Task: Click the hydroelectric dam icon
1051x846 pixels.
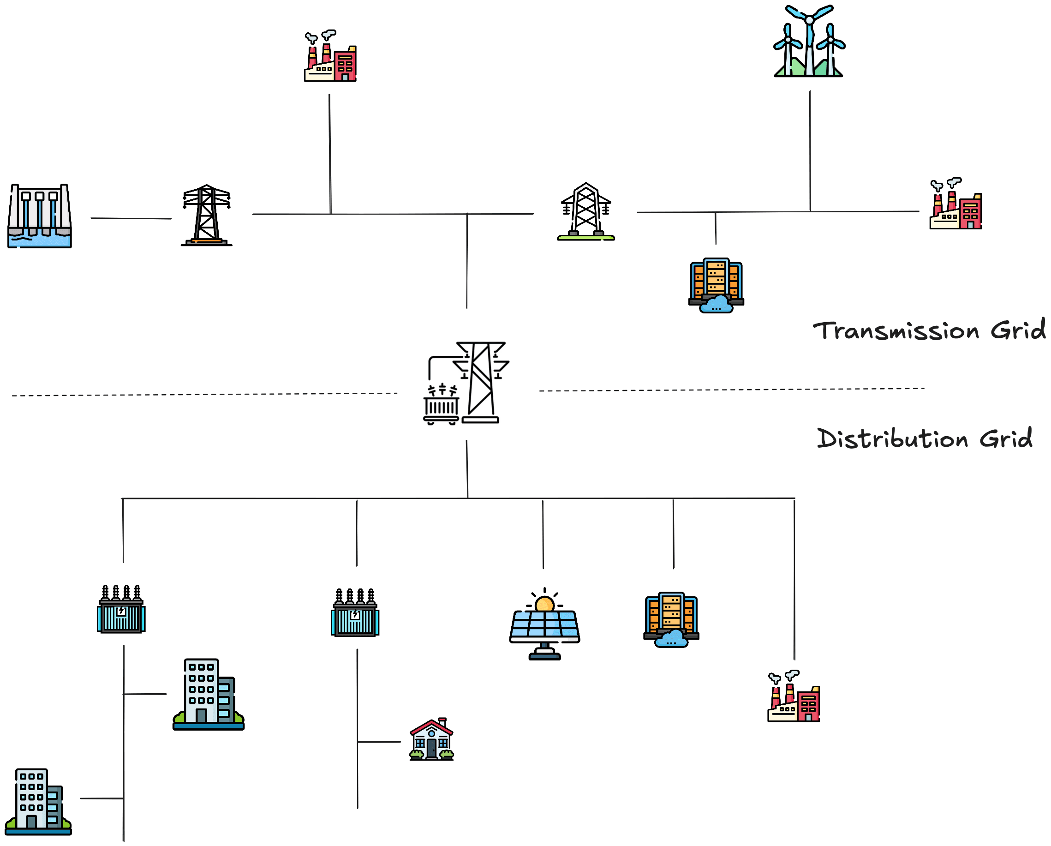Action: pos(40,216)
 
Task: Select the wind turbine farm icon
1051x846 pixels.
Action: pos(809,42)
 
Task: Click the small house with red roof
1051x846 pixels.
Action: pos(431,739)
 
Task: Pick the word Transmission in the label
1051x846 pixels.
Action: pos(896,331)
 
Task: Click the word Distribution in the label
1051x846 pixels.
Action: pos(892,438)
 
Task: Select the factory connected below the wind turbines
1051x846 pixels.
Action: pos(955,205)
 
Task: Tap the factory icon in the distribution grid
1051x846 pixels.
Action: pos(794,697)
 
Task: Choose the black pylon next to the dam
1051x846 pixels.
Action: pos(207,216)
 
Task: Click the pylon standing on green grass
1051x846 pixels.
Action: pos(586,212)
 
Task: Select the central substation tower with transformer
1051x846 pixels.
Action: pos(466,383)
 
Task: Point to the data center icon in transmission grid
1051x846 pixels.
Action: pos(716,285)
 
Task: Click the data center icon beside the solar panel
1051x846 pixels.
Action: pos(671,620)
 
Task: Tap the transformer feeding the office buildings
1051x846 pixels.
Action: pos(121,610)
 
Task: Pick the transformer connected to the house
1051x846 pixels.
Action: pos(355,613)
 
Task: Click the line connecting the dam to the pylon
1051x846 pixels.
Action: pos(131,218)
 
